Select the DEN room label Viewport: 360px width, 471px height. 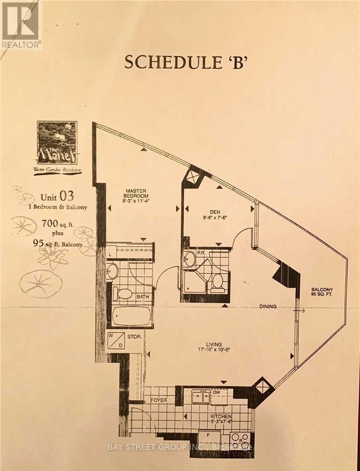tap(217, 210)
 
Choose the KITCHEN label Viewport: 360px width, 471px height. tap(221, 416)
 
